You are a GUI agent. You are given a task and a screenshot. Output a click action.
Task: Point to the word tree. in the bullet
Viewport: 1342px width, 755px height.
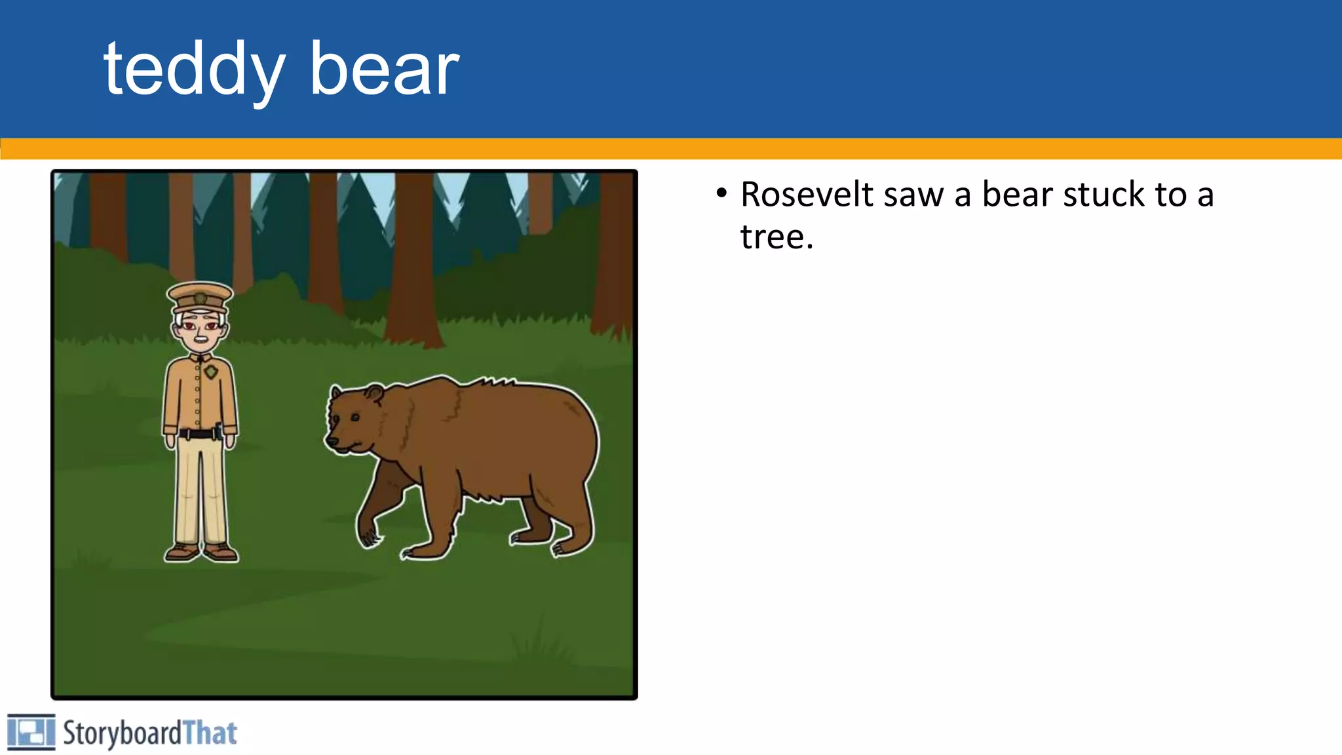(x=776, y=237)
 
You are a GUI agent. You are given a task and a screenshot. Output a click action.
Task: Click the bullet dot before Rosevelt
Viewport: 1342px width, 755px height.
(x=721, y=193)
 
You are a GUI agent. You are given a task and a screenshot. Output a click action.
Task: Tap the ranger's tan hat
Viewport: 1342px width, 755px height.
(x=200, y=296)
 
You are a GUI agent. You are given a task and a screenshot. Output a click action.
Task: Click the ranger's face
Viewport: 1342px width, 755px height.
(x=201, y=330)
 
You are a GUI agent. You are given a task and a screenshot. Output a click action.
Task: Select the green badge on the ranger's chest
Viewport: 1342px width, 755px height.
(x=210, y=372)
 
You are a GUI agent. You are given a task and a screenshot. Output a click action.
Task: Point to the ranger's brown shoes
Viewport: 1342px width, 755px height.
(x=201, y=552)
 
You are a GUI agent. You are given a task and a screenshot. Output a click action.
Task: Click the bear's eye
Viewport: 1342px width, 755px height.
(x=355, y=417)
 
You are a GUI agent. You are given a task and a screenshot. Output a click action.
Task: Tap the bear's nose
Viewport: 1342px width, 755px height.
(x=332, y=442)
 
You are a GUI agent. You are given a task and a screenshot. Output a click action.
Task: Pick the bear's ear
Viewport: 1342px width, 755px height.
(x=374, y=394)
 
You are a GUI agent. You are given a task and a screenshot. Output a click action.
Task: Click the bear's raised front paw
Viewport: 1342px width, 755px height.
(x=368, y=533)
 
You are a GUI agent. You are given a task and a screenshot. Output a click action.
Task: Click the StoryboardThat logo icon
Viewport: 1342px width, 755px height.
(x=31, y=732)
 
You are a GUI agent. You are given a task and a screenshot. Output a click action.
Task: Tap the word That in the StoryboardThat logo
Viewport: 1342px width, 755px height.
(x=210, y=733)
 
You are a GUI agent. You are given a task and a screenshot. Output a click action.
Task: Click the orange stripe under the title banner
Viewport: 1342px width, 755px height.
(x=671, y=149)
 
